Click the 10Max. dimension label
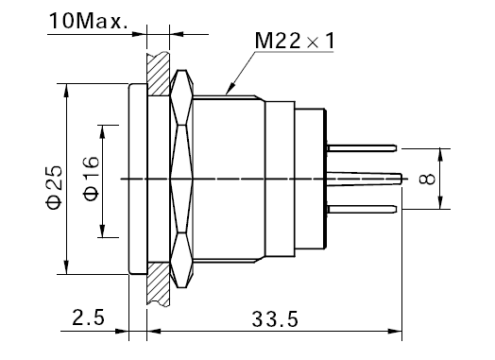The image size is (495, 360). point(89,21)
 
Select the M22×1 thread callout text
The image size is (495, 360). point(294,41)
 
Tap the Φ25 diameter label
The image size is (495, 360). point(54,187)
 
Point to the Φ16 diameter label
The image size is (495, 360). point(91,178)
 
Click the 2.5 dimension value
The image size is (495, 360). point(88,317)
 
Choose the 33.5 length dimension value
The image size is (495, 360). point(275,319)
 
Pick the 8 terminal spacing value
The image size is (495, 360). point(427,179)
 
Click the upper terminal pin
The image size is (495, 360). point(362,148)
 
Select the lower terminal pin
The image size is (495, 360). point(362,209)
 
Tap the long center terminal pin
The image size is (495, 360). point(364,179)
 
